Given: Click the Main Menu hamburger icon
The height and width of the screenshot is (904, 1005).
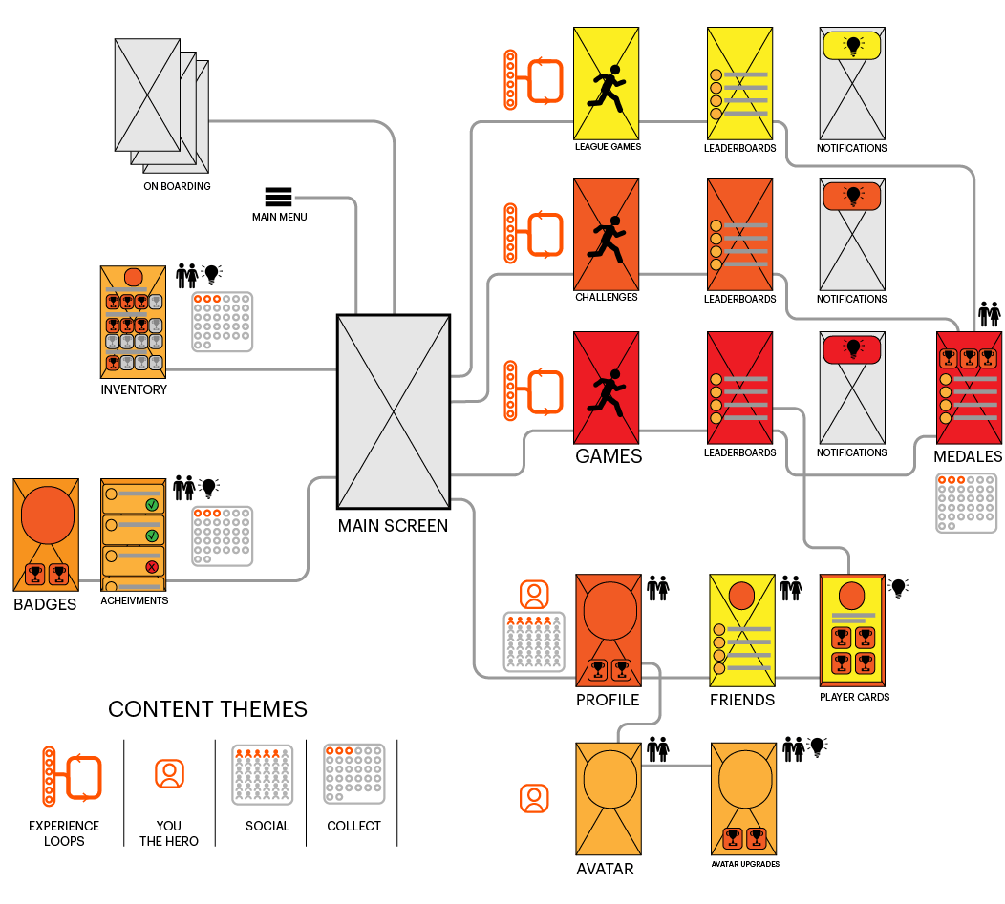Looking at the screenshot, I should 278,197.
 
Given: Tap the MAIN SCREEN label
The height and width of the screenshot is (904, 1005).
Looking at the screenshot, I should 393,525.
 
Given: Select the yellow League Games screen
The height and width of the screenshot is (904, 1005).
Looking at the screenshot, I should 606,83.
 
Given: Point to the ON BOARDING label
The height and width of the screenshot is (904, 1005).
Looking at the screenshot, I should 177,186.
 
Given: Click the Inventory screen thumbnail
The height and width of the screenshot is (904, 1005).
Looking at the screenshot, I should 133,322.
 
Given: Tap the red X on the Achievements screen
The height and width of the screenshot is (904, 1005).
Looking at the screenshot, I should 151,567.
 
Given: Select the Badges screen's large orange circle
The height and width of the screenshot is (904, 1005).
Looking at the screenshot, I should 46,515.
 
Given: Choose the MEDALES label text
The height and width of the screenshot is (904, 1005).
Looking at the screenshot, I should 968,457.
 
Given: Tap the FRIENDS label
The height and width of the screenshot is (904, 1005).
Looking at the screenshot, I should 741,700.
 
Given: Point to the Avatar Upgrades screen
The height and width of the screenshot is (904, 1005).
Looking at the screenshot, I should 744,798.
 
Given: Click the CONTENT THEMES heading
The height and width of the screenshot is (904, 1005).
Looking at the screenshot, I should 207,709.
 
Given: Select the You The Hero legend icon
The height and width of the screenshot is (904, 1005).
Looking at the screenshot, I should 169,773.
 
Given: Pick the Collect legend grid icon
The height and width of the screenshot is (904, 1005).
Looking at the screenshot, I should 353,773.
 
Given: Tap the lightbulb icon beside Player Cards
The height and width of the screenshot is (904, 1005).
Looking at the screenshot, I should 897,588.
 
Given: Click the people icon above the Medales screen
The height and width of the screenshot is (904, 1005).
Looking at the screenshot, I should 989,314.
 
